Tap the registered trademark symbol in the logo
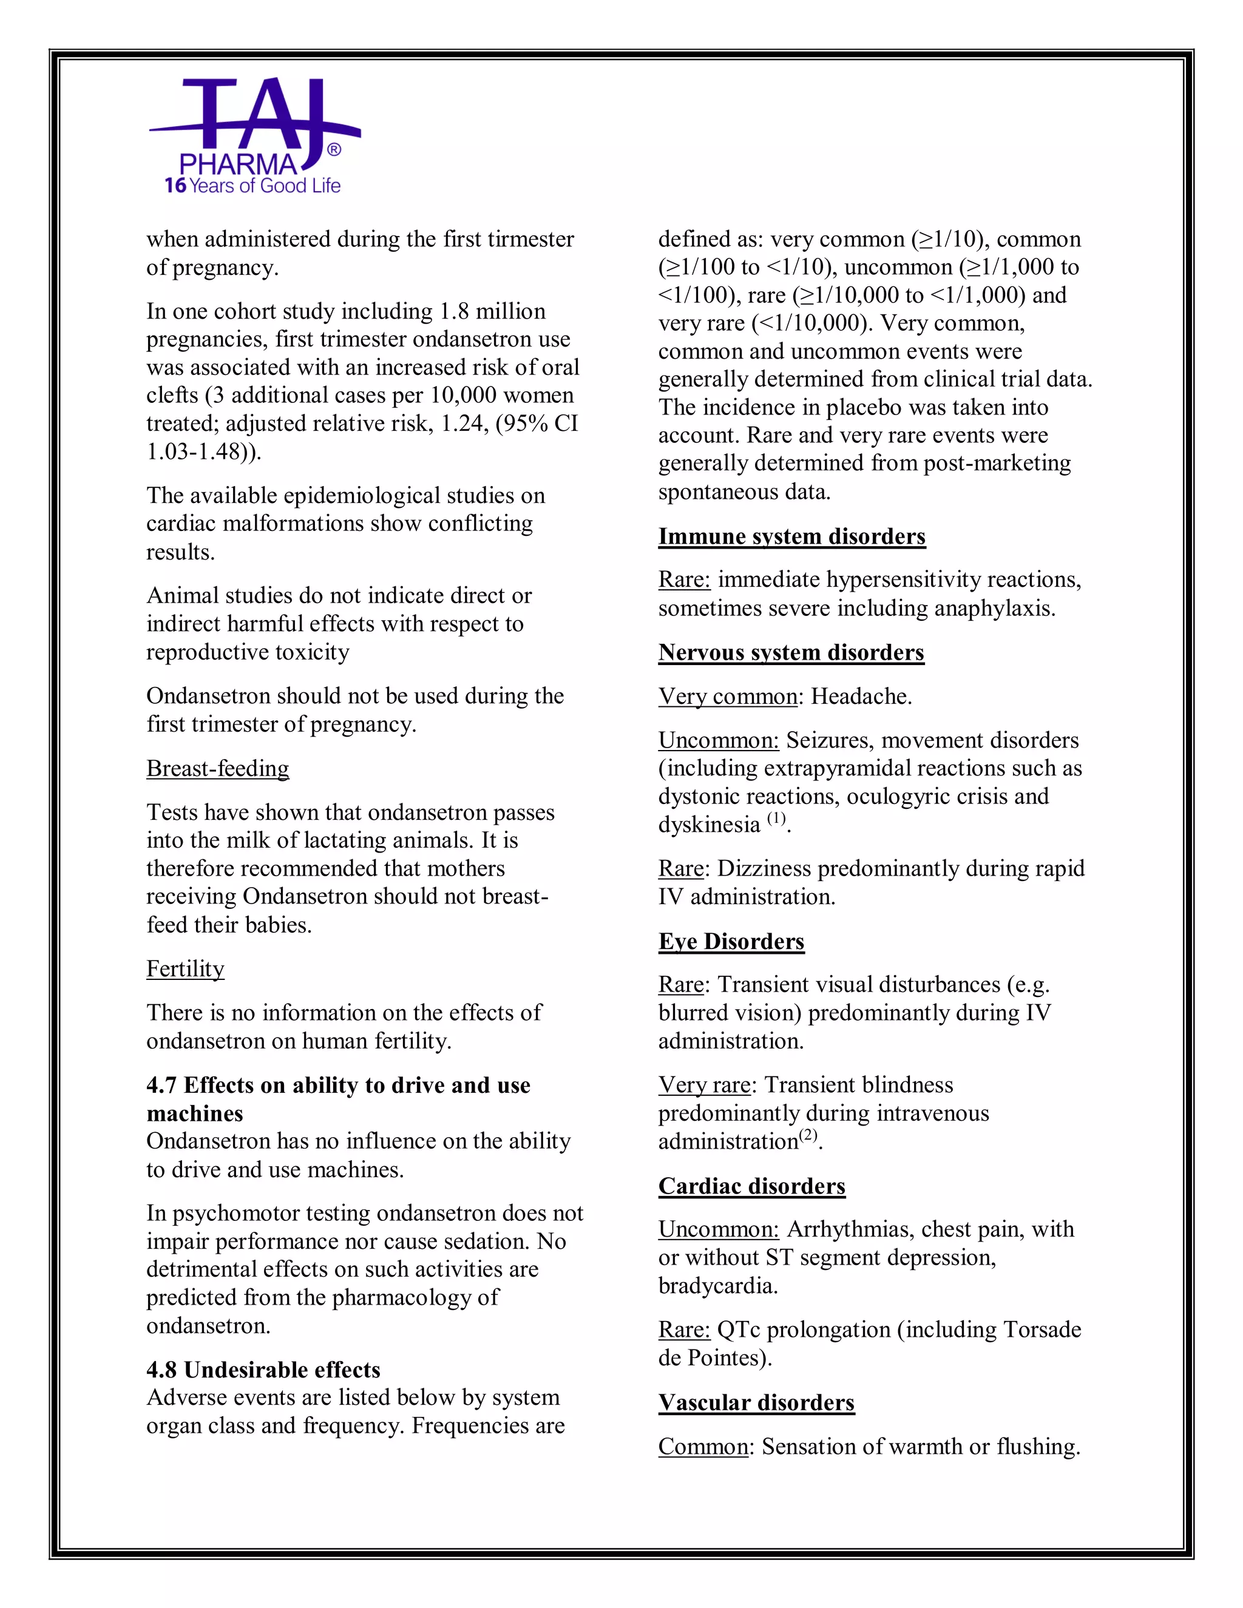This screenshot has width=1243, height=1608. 334,150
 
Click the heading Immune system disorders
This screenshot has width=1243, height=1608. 791,537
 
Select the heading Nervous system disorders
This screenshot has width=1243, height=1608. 791,653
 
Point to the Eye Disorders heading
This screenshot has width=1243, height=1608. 731,942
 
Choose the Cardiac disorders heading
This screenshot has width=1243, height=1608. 751,1186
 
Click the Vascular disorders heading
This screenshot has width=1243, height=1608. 756,1402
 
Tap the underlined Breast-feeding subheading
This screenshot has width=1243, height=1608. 217,769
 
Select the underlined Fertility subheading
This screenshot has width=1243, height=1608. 185,969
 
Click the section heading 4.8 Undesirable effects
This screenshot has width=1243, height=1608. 263,1370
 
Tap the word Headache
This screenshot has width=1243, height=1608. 861,697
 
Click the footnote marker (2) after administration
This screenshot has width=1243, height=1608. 808,1135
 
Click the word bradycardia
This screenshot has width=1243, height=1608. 718,1286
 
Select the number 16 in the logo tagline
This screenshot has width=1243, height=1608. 175,186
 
